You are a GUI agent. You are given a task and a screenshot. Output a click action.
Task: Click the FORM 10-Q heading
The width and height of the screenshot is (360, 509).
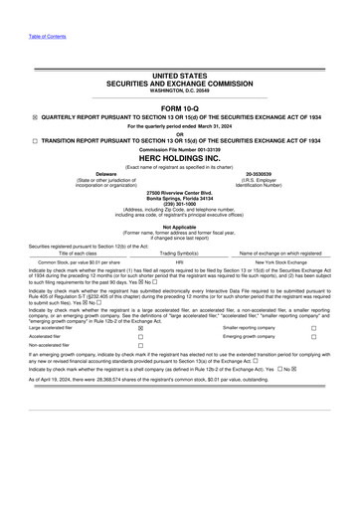(179, 105)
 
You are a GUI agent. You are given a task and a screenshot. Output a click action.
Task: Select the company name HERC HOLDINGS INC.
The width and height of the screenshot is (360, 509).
(180, 156)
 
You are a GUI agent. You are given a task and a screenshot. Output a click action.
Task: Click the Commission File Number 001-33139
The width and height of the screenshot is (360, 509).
(180, 149)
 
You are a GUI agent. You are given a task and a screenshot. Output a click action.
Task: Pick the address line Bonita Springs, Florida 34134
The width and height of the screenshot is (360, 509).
(179, 196)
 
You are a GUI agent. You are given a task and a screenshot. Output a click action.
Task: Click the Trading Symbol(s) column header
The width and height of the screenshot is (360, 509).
(180, 253)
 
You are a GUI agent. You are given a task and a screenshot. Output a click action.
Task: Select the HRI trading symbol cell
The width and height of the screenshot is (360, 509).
(180, 261)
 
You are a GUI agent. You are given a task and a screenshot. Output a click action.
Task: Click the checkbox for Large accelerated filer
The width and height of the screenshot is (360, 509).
(140, 327)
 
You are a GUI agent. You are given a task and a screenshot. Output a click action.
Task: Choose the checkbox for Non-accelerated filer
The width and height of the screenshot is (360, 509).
(140, 345)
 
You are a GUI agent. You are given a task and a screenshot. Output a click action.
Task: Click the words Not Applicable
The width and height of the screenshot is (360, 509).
(179, 227)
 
